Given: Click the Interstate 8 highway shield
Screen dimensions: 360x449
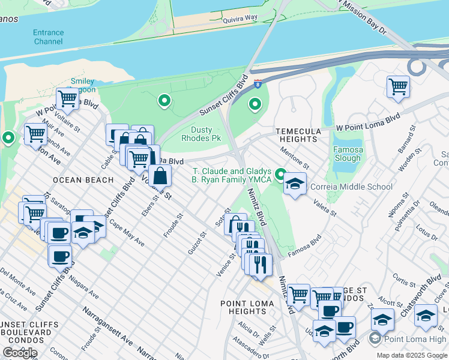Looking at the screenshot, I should point(258,85).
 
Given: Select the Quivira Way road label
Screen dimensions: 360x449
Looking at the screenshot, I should point(223,19).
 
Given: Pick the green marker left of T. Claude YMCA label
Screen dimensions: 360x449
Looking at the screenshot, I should point(280,175).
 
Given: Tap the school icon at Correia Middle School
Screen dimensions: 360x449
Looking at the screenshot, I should point(295,184).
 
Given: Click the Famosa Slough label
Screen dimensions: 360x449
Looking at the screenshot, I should point(348,154).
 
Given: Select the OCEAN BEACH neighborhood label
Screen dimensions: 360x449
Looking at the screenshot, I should point(83,180).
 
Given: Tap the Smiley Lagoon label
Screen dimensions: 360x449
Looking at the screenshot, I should point(82,85).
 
